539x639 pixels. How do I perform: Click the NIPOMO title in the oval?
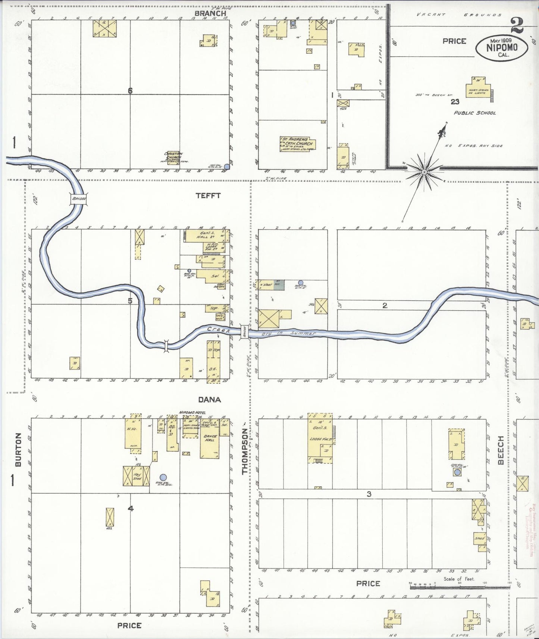(502, 47)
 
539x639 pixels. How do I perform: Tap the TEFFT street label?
(208, 195)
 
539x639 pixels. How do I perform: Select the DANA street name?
(209, 400)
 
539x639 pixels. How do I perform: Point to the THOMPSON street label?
(245, 451)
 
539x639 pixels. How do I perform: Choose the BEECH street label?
(501, 450)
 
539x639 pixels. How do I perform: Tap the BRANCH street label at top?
(210, 13)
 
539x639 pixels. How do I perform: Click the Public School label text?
(475, 113)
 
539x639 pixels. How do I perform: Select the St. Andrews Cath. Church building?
(298, 144)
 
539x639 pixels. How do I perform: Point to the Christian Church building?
(174, 157)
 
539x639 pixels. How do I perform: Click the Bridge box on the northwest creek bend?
(79, 199)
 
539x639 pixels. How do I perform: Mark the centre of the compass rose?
(424, 172)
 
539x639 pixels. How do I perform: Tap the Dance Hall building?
(210, 439)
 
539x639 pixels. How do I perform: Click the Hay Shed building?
(137, 476)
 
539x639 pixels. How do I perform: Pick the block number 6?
(130, 91)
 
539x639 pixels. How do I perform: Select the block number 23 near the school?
(455, 101)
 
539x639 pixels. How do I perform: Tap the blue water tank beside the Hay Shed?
(163, 477)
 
